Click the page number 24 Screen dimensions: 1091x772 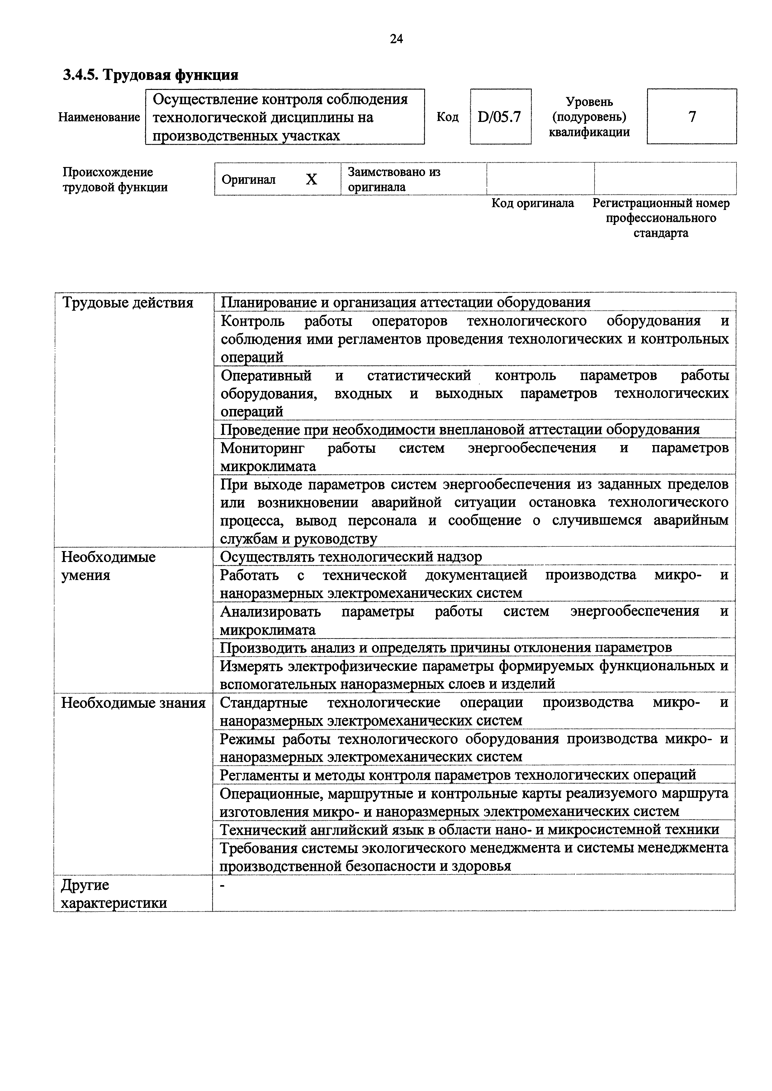396,39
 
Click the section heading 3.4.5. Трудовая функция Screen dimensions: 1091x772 150,75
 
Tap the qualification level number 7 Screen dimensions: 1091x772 692,116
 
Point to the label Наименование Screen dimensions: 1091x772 99,117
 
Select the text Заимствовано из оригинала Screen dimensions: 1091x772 394,179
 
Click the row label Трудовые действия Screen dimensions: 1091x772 128,303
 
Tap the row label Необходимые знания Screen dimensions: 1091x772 133,703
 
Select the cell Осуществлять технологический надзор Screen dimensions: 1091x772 351,556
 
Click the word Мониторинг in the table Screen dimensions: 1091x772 263,448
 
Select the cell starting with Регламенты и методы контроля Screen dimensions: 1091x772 457,775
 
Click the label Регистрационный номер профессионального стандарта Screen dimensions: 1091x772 661,218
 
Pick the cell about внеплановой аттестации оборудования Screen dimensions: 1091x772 460,429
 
